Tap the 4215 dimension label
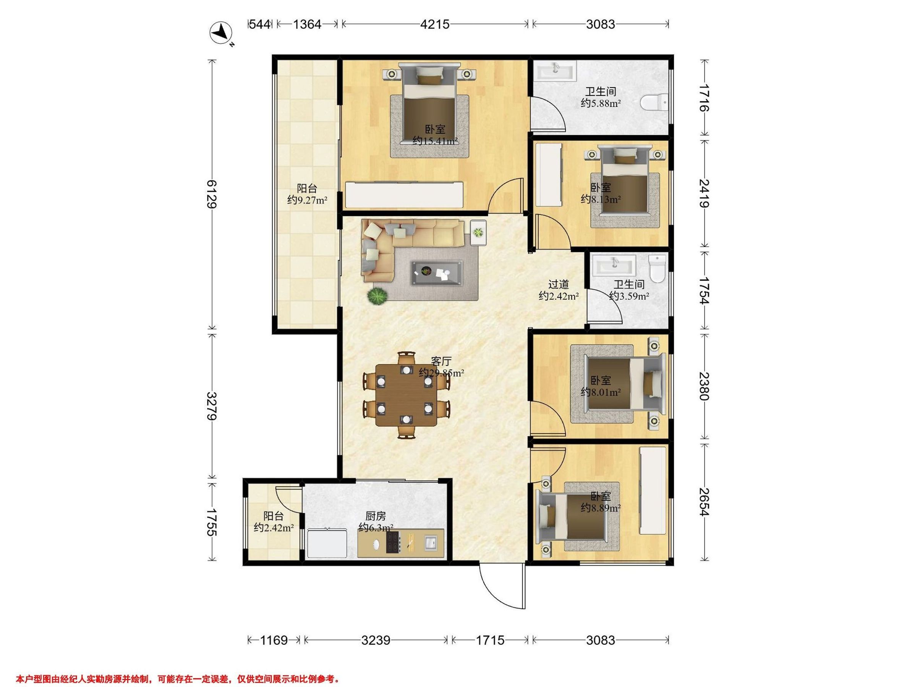point(435,24)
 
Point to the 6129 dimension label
point(212,194)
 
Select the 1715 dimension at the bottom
point(490,640)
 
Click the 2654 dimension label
point(704,502)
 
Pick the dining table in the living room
point(406,395)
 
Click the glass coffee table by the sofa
point(437,273)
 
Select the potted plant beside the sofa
point(377,296)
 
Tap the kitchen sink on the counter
point(430,542)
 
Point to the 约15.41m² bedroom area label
point(435,141)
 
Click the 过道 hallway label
point(558,284)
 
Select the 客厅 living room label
point(441,361)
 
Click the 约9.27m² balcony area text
point(308,200)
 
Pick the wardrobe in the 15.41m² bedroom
point(404,194)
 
